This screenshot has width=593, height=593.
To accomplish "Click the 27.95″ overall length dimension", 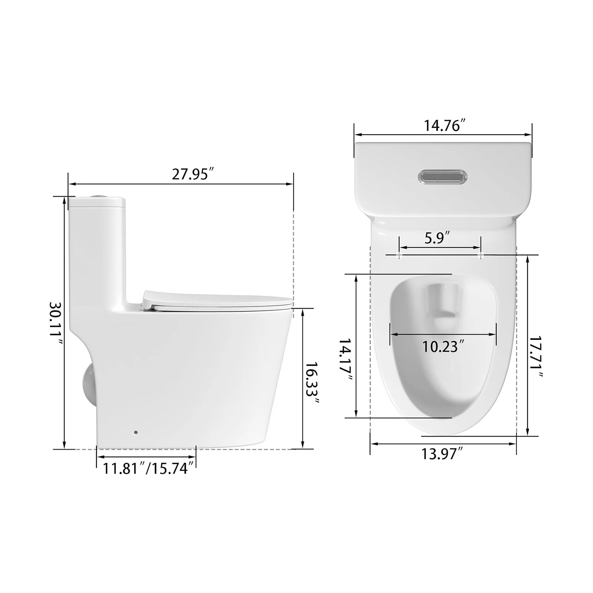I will (x=193, y=174).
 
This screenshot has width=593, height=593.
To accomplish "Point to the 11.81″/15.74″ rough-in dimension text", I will (x=148, y=469).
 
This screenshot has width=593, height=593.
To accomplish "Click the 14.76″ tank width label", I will (x=444, y=126).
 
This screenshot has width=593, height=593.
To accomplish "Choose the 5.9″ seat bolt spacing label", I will (x=437, y=238).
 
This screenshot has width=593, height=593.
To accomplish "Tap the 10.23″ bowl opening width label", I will (x=443, y=347).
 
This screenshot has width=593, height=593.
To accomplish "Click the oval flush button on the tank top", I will (x=443, y=176).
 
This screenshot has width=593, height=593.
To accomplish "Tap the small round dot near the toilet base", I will (x=136, y=432).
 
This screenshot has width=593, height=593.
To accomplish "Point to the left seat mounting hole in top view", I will (x=400, y=255).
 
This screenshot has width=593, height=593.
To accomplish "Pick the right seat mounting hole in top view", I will (x=481, y=255).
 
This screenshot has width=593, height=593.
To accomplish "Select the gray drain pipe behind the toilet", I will (x=88, y=384).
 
